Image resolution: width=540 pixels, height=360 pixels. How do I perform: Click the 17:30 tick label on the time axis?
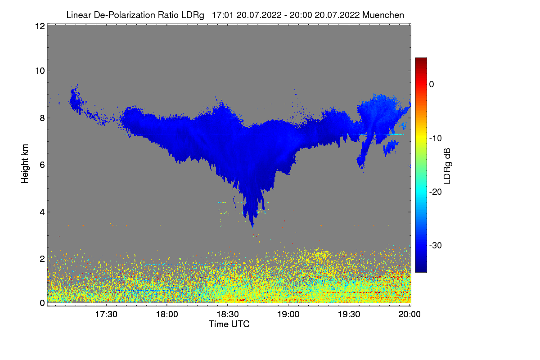point(106,314)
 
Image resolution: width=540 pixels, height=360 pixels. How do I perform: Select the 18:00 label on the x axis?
point(167,314)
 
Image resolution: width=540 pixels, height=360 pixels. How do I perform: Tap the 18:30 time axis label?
point(228,314)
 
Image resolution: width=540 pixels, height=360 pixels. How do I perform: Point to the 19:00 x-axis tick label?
point(288,314)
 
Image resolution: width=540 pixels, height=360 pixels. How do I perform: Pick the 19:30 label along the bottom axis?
point(349,314)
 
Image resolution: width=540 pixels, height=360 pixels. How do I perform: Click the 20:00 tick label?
point(409,314)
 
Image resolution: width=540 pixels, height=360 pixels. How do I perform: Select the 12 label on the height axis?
point(40,26)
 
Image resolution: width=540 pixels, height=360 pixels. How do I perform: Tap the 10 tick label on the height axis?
point(40,71)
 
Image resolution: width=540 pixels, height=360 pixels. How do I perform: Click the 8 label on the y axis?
point(42,118)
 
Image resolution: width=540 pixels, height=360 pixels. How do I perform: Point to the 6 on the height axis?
point(42,165)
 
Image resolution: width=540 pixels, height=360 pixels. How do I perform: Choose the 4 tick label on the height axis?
point(42,212)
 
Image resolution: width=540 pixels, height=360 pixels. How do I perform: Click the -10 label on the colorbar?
point(436,138)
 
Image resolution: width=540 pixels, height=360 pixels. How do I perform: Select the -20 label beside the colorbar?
point(436,192)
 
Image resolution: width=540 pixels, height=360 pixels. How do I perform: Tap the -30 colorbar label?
point(436,245)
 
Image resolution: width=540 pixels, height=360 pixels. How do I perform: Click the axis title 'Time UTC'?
point(229,324)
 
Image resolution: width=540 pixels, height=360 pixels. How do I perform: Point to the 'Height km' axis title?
point(25,164)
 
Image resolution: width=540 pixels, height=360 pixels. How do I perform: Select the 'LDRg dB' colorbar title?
point(447,166)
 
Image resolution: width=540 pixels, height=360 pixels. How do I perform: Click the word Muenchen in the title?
point(383,15)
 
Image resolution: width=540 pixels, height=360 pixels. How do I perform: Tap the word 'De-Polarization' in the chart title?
point(124,15)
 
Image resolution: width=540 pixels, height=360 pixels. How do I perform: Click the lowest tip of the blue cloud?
point(252,227)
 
